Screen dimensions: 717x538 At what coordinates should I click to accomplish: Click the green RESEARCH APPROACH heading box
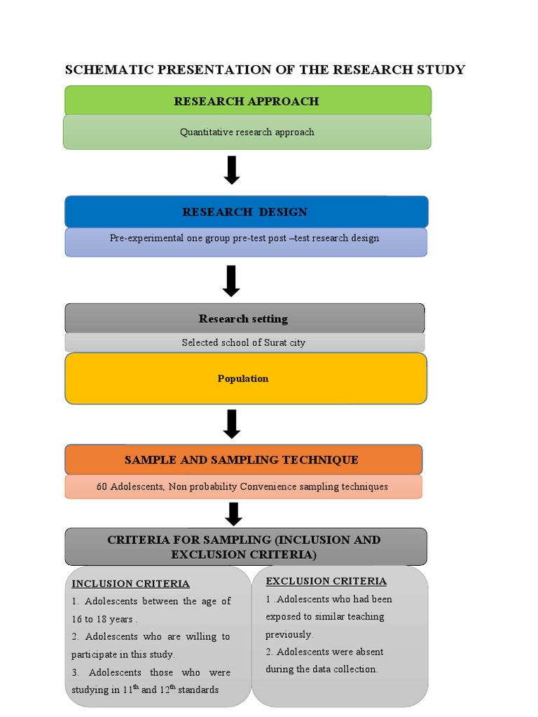[247, 102]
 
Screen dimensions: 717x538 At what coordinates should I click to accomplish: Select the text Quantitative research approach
[247, 132]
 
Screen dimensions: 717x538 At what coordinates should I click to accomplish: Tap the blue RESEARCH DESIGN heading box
[245, 212]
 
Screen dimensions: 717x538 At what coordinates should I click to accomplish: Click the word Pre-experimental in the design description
[146, 238]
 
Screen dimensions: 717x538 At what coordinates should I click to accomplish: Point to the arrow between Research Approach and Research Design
[232, 171]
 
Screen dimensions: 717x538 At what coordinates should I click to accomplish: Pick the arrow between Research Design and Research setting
[231, 281]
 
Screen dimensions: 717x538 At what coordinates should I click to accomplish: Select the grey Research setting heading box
[243, 319]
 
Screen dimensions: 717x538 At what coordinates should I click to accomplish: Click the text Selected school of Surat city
[243, 342]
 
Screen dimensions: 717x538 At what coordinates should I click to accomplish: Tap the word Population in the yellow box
[243, 378]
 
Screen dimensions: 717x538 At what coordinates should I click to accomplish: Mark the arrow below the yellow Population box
[232, 424]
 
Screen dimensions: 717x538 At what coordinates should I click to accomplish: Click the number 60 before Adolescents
[102, 487]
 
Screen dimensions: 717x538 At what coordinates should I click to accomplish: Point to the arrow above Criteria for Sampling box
[234, 514]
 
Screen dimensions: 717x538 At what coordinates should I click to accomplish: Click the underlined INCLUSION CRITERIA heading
[131, 583]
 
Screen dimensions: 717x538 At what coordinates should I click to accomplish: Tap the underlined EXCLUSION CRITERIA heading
[326, 580]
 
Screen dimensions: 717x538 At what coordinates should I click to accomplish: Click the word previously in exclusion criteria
[289, 634]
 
